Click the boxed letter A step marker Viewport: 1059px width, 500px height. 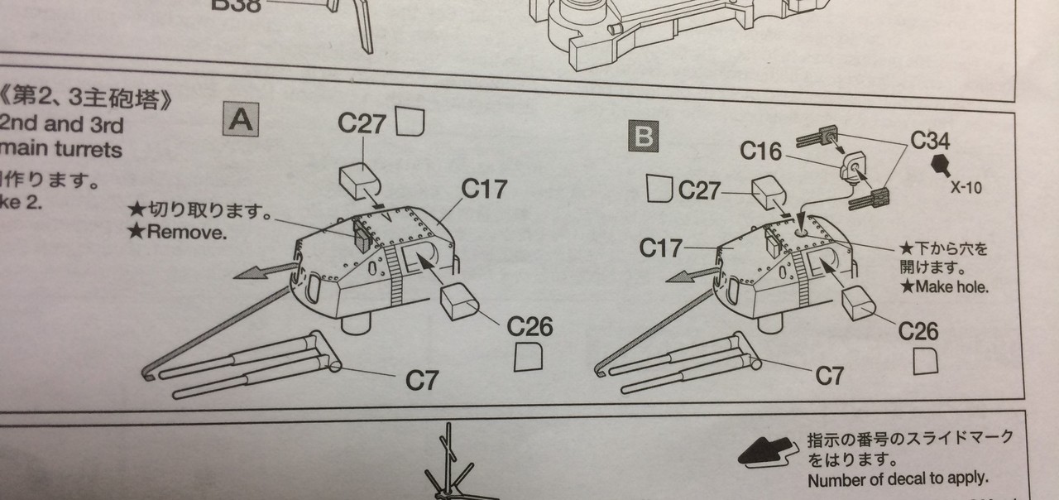[241, 121]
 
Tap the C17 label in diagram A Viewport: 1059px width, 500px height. [484, 189]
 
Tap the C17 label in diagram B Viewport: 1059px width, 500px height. [662, 247]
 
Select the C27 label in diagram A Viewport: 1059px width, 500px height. [362, 123]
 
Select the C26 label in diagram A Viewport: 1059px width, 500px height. [529, 325]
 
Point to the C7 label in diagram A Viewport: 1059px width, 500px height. [422, 380]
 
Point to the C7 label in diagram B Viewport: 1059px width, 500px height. [829, 375]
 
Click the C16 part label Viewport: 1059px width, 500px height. [761, 151]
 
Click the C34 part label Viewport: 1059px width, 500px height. [931, 140]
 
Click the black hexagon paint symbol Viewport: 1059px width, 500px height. [940, 165]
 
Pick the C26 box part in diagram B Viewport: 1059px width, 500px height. [857, 302]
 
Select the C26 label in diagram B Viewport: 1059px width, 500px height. [918, 331]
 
